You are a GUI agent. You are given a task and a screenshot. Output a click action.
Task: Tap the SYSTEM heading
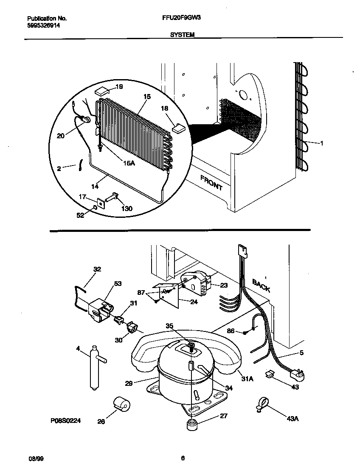[182, 36]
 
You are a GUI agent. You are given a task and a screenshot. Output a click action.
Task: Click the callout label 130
[127, 208]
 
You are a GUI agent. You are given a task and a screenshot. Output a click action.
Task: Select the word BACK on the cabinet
[261, 285]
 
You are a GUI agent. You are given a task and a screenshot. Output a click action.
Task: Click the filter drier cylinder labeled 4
[93, 368]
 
